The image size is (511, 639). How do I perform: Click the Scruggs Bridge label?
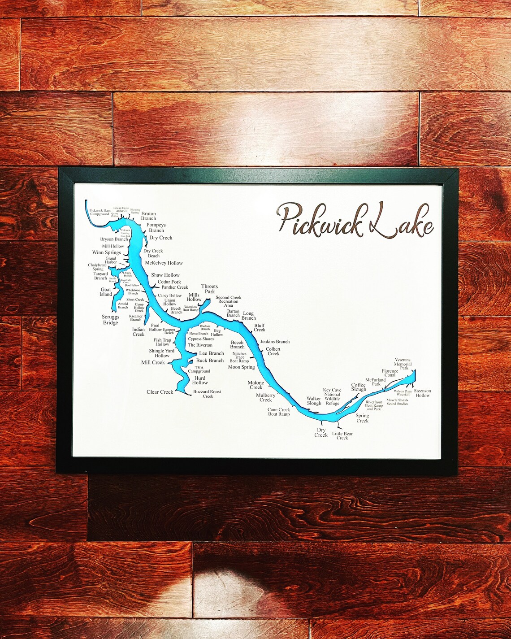(x=110, y=320)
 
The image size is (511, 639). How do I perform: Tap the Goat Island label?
(x=106, y=292)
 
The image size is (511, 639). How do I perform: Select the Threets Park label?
(x=209, y=289)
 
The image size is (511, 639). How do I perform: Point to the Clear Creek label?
(x=160, y=392)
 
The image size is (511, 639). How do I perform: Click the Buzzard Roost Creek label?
(x=207, y=394)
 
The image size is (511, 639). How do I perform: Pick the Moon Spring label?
(x=241, y=367)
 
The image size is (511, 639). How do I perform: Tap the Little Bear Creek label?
(x=342, y=436)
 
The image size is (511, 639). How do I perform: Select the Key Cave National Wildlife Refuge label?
(x=332, y=397)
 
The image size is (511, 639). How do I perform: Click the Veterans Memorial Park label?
(x=403, y=364)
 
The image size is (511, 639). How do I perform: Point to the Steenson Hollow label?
(x=422, y=393)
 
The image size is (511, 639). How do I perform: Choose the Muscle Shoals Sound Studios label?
(x=397, y=402)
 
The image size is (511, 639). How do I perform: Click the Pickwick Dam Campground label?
(x=100, y=212)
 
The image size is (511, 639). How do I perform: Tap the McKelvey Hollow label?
(x=164, y=263)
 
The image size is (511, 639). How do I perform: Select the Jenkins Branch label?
(x=275, y=342)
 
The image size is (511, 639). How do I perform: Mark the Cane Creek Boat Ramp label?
(x=278, y=412)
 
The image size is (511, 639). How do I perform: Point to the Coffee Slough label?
(x=359, y=387)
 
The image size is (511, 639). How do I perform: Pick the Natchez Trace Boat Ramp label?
(x=239, y=357)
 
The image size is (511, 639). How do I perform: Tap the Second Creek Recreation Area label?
(x=228, y=301)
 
